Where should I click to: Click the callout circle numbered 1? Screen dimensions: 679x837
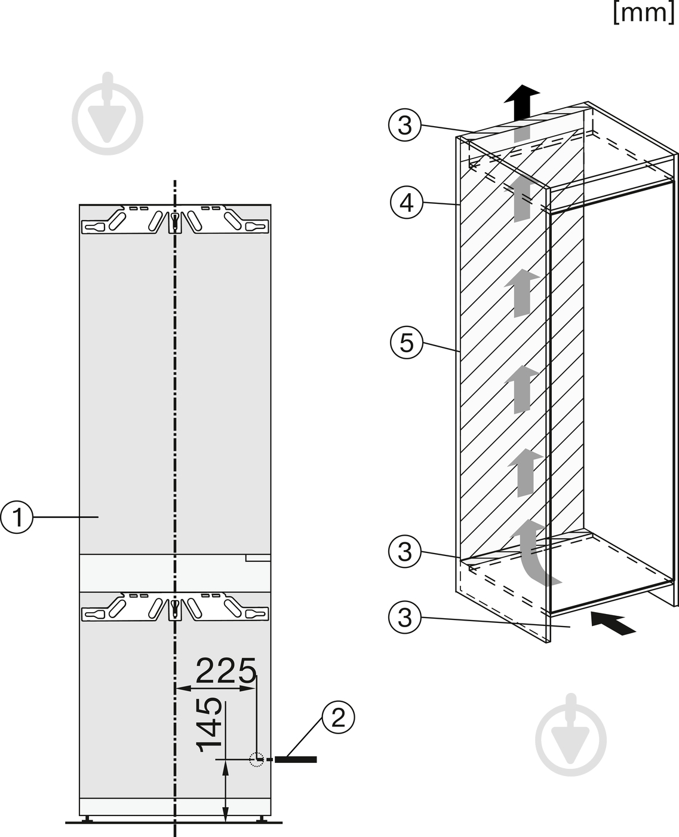pyautogui.click(x=17, y=517)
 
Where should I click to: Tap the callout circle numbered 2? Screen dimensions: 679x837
pyautogui.click(x=338, y=717)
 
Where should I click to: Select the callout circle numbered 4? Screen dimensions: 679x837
pyautogui.click(x=407, y=203)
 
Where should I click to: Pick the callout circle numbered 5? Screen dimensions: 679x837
pyautogui.click(x=407, y=342)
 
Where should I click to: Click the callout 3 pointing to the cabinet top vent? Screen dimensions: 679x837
pyautogui.click(x=405, y=126)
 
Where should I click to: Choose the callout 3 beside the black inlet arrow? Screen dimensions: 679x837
pyautogui.click(x=405, y=617)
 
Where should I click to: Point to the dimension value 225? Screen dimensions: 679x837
pyautogui.click(x=226, y=671)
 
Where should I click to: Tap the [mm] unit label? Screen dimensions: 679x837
pyautogui.click(x=644, y=13)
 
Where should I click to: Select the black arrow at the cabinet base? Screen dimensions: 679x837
pyautogui.click(x=613, y=623)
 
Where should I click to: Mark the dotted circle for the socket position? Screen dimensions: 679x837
pyautogui.click(x=257, y=760)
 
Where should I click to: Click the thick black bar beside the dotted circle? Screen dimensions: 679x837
pyautogui.click(x=296, y=760)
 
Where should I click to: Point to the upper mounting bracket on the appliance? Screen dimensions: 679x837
pyautogui.click(x=175, y=219)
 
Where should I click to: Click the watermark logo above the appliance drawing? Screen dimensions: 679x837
pyautogui.click(x=107, y=114)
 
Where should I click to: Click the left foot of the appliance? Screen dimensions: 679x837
pyautogui.click(x=87, y=819)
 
